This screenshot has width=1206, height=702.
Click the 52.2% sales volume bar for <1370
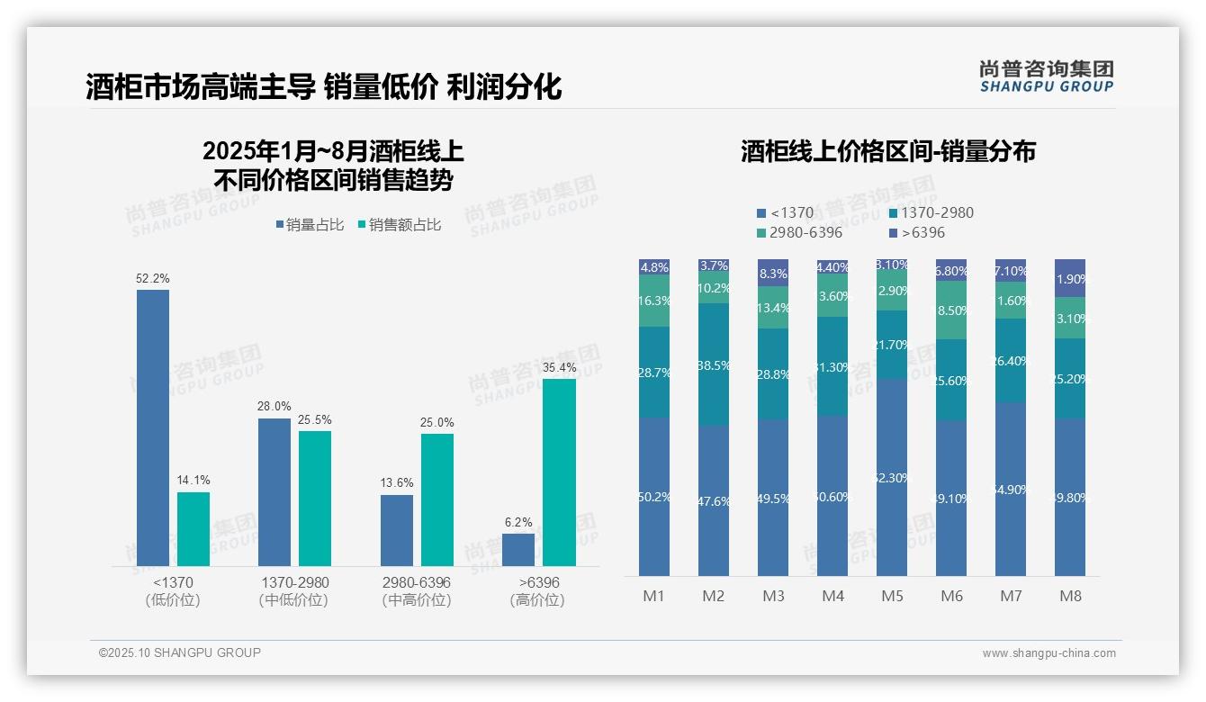pyautogui.click(x=153, y=427)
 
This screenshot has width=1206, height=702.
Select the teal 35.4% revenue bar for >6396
pyautogui.click(x=559, y=472)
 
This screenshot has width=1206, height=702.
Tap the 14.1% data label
pyautogui.click(x=193, y=481)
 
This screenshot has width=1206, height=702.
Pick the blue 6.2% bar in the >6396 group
pyautogui.click(x=518, y=550)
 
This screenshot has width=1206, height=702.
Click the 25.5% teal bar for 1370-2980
pyautogui.click(x=315, y=499)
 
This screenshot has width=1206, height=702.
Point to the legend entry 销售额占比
pyautogui.click(x=400, y=225)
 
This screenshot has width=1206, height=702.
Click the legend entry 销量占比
pyautogui.click(x=310, y=225)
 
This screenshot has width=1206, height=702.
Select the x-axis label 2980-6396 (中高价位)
pyautogui.click(x=416, y=591)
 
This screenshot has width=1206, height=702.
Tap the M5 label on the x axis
pyautogui.click(x=892, y=596)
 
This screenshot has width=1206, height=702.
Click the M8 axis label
pyautogui.click(x=1070, y=596)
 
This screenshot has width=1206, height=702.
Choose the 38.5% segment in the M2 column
pyautogui.click(x=714, y=364)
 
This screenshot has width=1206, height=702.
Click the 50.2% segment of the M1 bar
pyautogui.click(x=654, y=497)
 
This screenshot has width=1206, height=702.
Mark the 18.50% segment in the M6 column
pyautogui.click(x=951, y=310)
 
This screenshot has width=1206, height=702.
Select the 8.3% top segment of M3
pyautogui.click(x=773, y=273)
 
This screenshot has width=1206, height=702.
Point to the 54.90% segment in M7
pyautogui.click(x=1011, y=489)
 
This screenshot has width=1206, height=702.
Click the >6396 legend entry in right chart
pyautogui.click(x=917, y=233)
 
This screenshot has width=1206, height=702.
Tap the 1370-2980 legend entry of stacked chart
pyautogui.click(x=931, y=213)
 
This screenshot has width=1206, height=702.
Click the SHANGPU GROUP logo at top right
pyautogui.click(x=1046, y=76)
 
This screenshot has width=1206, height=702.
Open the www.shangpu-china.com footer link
pyautogui.click(x=1048, y=653)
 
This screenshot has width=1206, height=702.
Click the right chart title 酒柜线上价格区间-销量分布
pyautogui.click(x=888, y=151)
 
